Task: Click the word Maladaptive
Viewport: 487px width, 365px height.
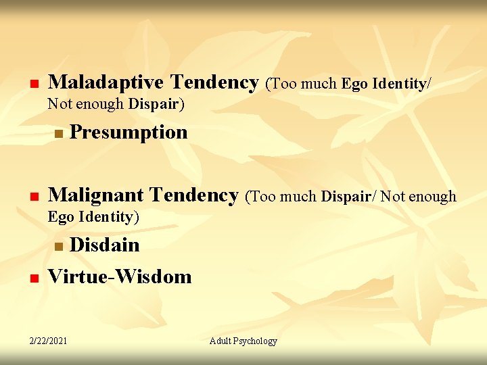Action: coord(106,82)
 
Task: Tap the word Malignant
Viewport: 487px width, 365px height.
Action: coord(99,195)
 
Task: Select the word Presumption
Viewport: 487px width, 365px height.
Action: coord(129,132)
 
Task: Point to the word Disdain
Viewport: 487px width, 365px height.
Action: coord(105,245)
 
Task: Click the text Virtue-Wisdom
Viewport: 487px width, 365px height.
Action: coord(120,276)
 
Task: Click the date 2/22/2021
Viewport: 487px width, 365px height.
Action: coord(48,341)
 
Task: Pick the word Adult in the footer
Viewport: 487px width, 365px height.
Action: coord(221,341)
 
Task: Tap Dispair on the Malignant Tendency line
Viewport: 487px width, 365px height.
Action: coord(348,197)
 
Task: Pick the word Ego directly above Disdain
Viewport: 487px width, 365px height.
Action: coord(60,217)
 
